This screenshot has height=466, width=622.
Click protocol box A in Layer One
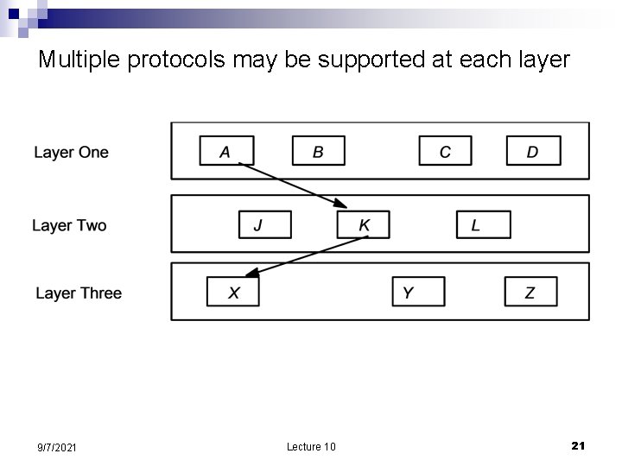(226, 151)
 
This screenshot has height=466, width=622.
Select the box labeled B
(318, 151)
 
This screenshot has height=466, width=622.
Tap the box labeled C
(445, 151)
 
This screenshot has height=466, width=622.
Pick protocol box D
(533, 151)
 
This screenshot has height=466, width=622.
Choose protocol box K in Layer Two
(363, 225)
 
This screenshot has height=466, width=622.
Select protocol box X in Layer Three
(233, 292)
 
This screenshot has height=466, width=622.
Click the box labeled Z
(530, 292)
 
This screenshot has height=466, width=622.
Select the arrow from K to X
(311, 256)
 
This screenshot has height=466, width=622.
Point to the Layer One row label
(71, 153)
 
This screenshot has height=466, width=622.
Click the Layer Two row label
(69, 226)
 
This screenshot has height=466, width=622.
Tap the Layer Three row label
(79, 293)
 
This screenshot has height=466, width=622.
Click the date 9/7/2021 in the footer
(58, 447)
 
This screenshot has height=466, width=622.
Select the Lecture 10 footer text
(311, 446)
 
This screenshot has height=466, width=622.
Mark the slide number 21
(579, 445)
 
